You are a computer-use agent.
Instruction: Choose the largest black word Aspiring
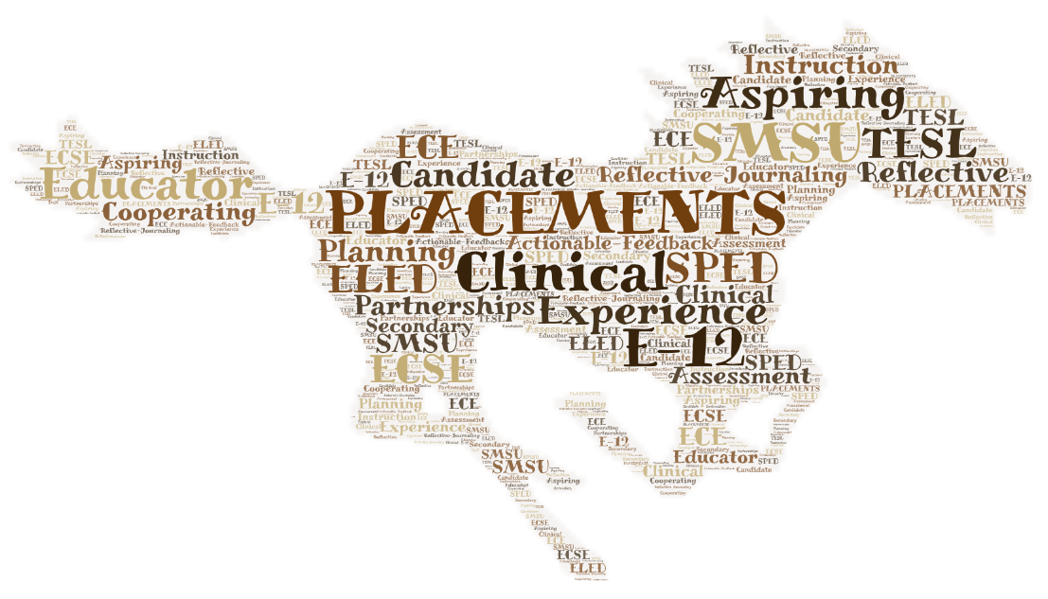click(x=805, y=96)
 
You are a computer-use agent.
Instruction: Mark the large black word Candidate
click(x=485, y=174)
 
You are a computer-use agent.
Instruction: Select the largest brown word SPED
click(x=721, y=266)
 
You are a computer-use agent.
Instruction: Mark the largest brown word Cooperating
click(x=177, y=211)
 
